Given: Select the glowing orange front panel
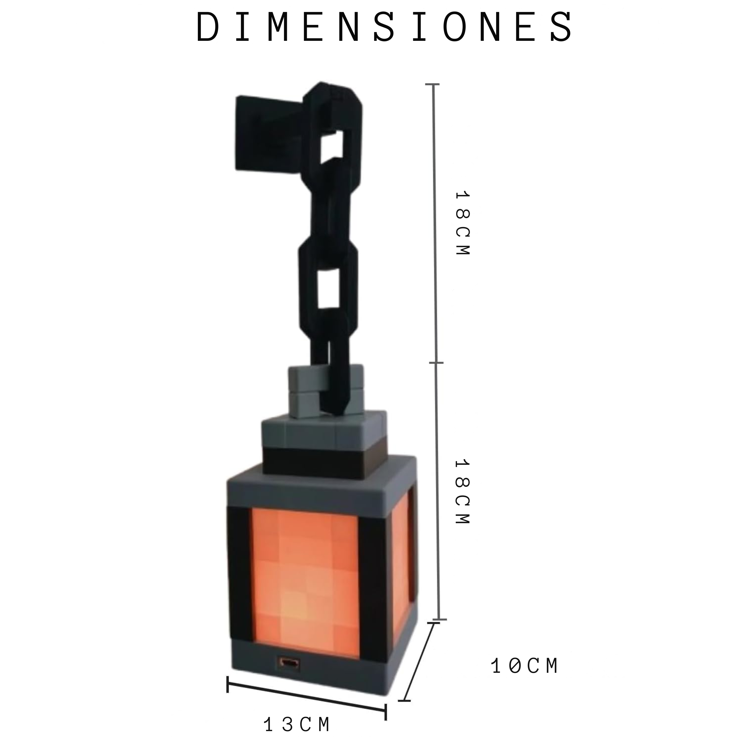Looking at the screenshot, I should (305, 580).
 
